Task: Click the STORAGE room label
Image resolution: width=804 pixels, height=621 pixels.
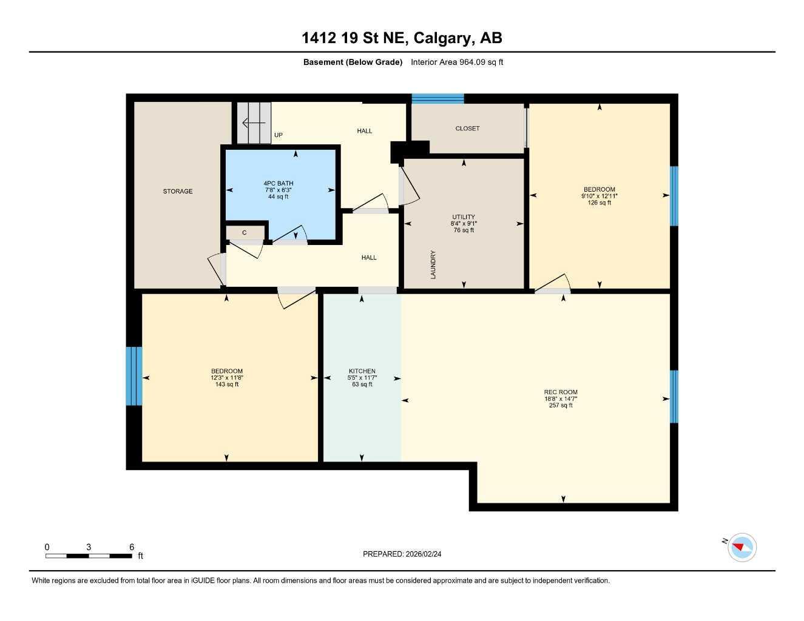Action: pyautogui.click(x=177, y=192)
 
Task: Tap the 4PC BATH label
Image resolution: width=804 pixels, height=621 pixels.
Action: pyautogui.click(x=278, y=183)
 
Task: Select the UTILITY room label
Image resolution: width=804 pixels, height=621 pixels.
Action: pyautogui.click(x=464, y=217)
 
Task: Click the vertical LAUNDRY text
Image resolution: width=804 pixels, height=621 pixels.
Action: pyautogui.click(x=433, y=265)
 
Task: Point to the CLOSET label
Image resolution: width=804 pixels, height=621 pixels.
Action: pyautogui.click(x=467, y=129)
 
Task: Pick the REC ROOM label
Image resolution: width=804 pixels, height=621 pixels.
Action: pyautogui.click(x=561, y=392)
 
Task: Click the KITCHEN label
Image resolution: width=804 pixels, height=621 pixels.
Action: pyautogui.click(x=362, y=371)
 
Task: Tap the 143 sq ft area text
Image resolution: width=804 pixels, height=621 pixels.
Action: pyautogui.click(x=227, y=384)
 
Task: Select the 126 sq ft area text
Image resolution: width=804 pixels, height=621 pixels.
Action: pyautogui.click(x=600, y=203)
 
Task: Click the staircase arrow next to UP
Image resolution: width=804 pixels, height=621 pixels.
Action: pyautogui.click(x=254, y=124)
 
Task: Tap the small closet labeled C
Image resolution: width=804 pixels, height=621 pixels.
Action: pyautogui.click(x=245, y=233)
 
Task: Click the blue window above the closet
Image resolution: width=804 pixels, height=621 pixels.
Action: pyautogui.click(x=437, y=99)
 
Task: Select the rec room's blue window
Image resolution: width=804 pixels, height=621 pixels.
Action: pyautogui.click(x=674, y=397)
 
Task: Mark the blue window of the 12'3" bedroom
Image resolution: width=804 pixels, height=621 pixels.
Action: pyautogui.click(x=134, y=376)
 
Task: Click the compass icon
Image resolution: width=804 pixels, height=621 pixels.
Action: pyautogui.click(x=742, y=548)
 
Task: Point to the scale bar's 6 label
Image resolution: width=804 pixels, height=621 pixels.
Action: pyautogui.click(x=132, y=547)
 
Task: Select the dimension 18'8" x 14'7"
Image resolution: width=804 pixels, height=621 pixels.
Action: pyautogui.click(x=561, y=399)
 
